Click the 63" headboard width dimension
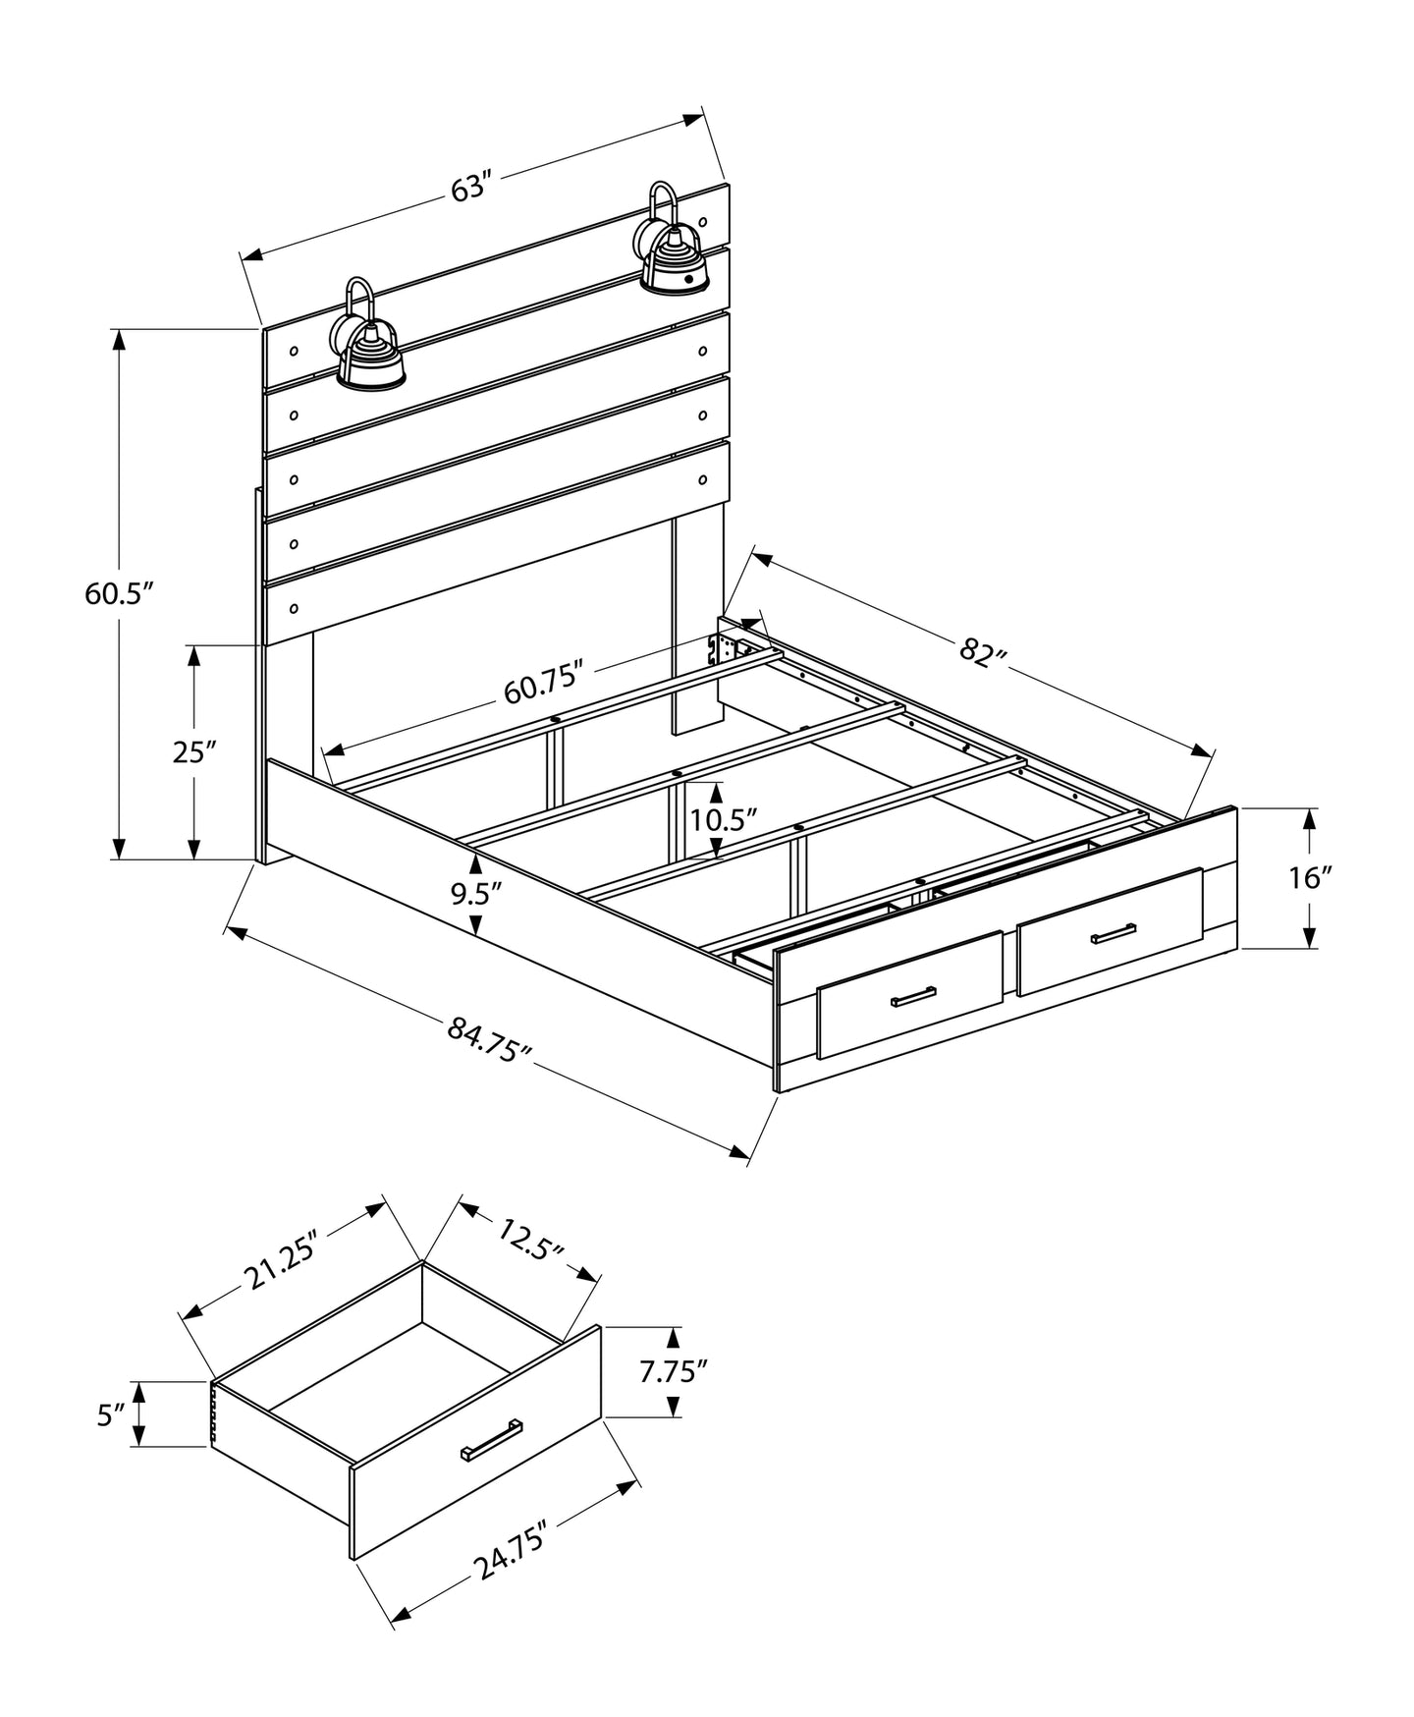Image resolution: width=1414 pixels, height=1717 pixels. (x=470, y=187)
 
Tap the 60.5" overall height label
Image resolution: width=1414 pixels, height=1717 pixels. (x=120, y=594)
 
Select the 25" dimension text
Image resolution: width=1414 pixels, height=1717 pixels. (x=193, y=752)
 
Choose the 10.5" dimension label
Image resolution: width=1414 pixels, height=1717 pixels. (x=724, y=819)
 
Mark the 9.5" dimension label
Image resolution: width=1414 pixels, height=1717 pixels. (x=476, y=894)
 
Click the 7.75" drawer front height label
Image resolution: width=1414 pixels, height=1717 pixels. (x=674, y=1370)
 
